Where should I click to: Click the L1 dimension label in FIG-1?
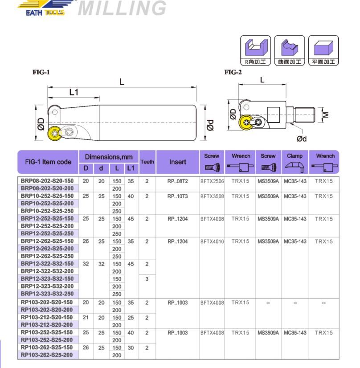click(x=74, y=92)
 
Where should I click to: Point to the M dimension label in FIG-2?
click(x=326, y=114)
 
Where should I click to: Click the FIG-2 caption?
click(x=233, y=72)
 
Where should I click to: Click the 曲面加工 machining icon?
click(x=290, y=50)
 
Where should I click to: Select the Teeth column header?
click(x=147, y=162)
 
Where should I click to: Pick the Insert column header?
click(x=177, y=162)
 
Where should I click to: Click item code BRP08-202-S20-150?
click(x=47, y=181)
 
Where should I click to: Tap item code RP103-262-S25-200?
click(x=47, y=355)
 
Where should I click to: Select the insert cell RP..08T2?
click(x=177, y=181)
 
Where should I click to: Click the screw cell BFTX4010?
click(x=212, y=241)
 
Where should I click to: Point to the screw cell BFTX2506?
click(x=212, y=181)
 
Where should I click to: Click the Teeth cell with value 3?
click(x=147, y=279)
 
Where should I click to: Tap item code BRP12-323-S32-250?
click(x=47, y=294)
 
